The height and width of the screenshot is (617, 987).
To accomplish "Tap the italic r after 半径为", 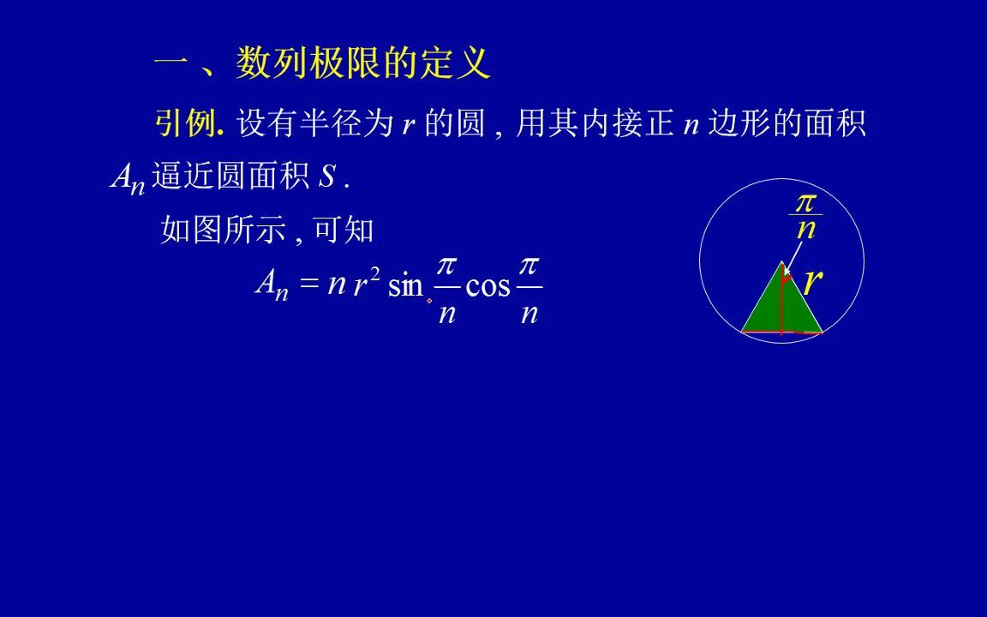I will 409,125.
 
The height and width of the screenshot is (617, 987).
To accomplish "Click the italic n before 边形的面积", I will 691,125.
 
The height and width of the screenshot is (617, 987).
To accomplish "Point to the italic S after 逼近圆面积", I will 326,177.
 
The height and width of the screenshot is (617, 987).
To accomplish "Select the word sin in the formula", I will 405,285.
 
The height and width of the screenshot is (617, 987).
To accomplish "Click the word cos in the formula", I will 488,285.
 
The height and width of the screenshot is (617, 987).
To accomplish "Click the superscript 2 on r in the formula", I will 374,273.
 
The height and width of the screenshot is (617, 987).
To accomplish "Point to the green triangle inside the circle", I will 781,304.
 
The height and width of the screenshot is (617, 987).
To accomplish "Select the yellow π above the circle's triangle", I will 805,202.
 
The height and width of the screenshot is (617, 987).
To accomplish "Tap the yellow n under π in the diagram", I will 805,229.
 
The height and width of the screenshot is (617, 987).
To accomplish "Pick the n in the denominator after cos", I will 529,313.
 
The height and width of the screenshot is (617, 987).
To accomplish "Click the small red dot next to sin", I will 429,300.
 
